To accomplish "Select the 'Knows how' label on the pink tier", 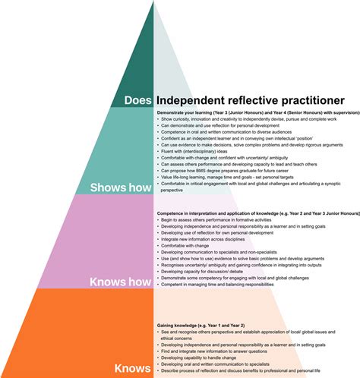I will coord(121,282).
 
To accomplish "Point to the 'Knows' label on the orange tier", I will coord(132,369).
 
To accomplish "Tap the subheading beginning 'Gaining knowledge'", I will coord(205,324).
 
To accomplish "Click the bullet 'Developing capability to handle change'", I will coord(205,357).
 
